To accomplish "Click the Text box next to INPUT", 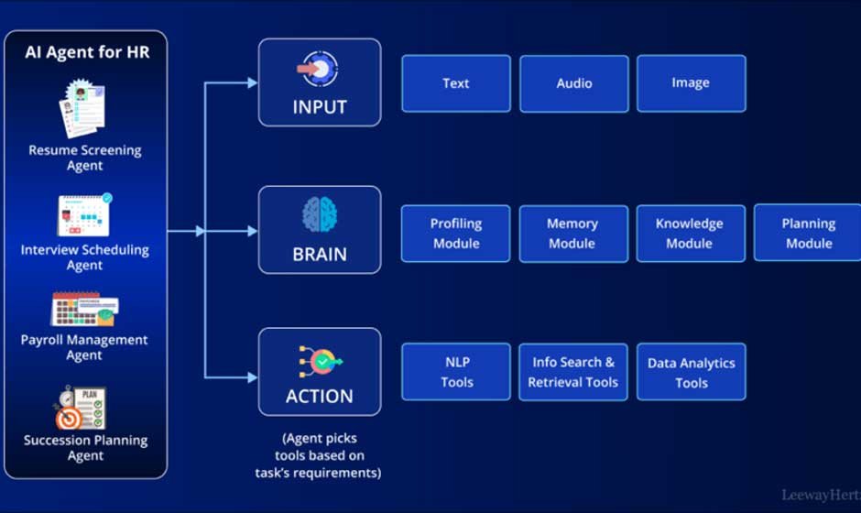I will pos(456,83).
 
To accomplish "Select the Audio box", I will pos(573,83).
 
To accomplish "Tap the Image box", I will pos(691,83).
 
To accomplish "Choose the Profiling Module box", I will pos(456,234).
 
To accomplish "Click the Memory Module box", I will pos(573,234).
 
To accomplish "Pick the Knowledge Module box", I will pos(691,234).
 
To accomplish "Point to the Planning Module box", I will pos(808,234).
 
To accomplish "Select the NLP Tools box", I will pos(456,372).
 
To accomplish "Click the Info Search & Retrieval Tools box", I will pos(573,372).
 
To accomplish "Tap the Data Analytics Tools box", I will pos(691,372).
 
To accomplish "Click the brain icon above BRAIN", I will pos(320,214).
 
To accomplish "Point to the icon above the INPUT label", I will pos(320,69).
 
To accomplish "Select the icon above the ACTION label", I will pos(320,362).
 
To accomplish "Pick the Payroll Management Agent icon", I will pos(83,310).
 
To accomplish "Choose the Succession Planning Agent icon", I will pos(82,408).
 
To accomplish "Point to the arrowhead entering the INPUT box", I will pos(252,83).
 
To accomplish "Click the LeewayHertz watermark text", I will pos(820,496).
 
